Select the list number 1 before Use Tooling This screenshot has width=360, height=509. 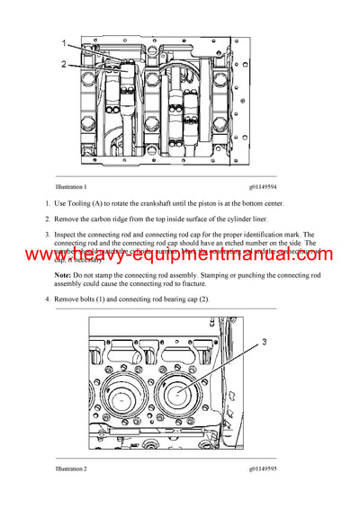coord(49,204)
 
